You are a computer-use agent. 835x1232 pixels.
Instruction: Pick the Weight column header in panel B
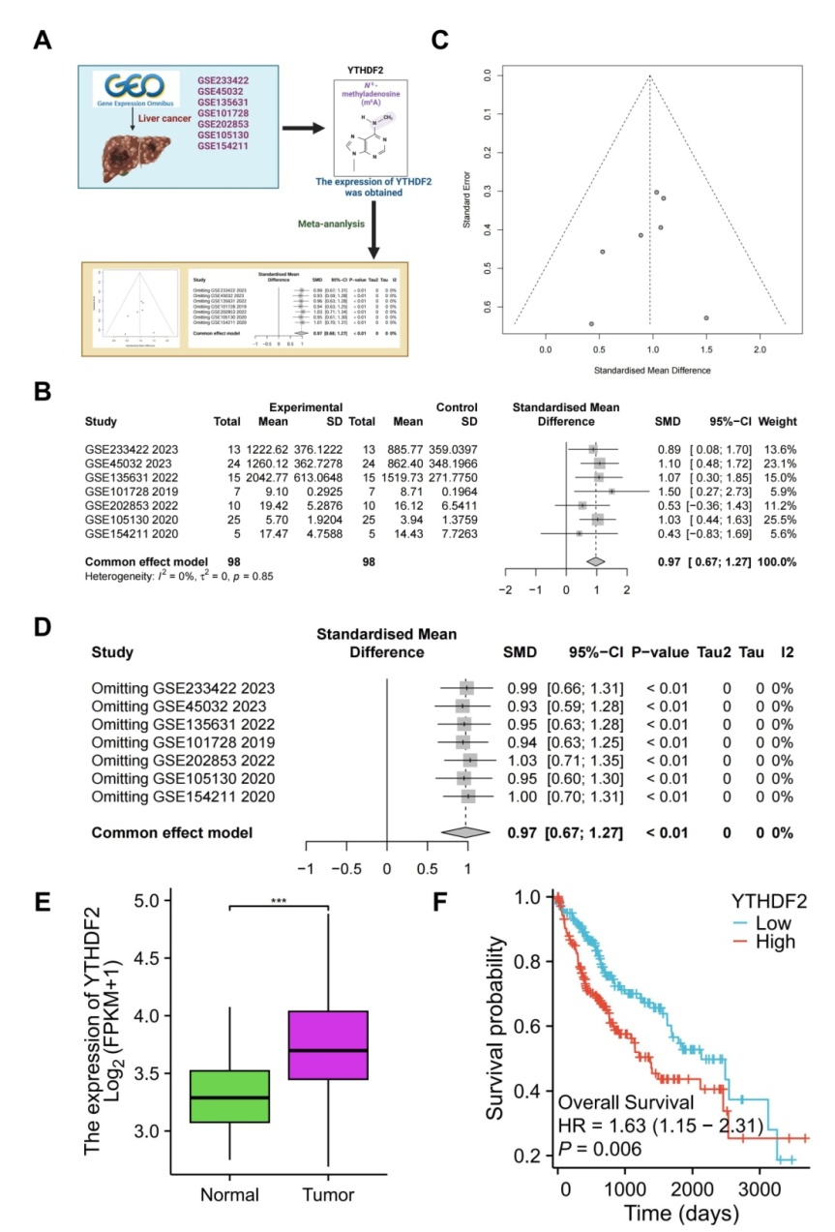tap(778, 422)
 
